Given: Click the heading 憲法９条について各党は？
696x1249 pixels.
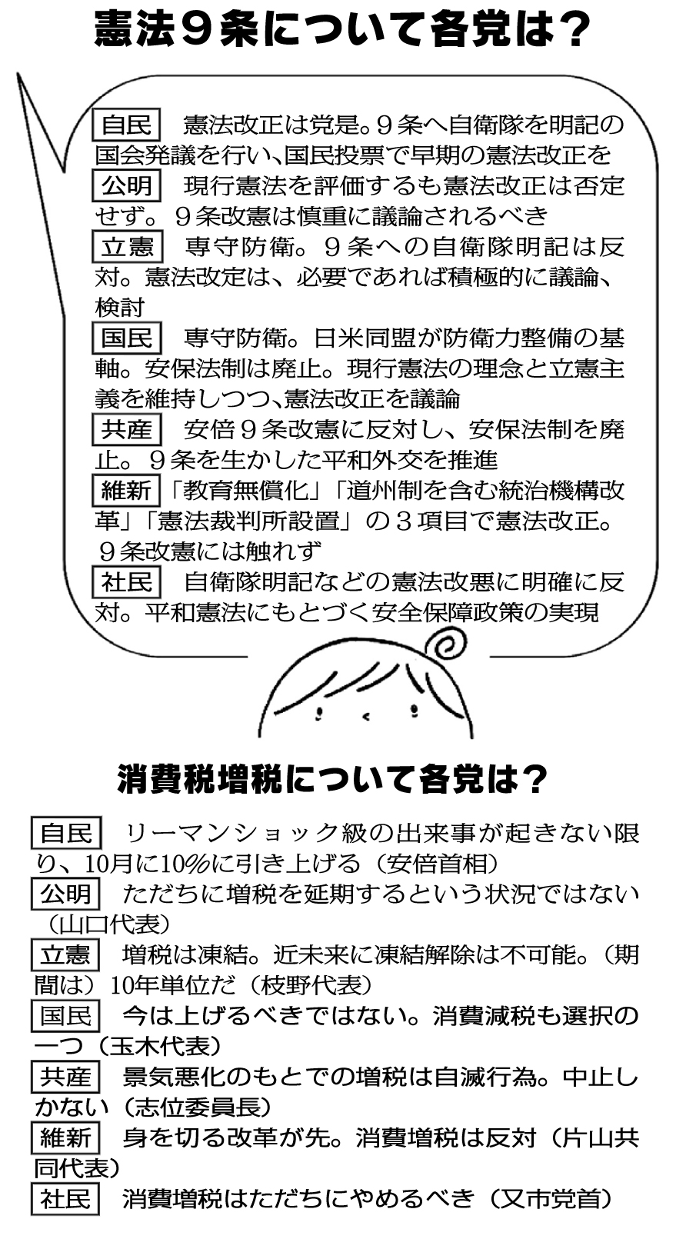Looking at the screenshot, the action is (342, 31).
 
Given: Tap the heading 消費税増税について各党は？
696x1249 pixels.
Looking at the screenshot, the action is (333, 779).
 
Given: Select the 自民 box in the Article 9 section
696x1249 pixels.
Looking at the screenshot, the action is (126, 124).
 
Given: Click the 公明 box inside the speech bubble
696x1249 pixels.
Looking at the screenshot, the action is (126, 185).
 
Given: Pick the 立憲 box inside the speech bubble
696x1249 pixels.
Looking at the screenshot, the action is (127, 246).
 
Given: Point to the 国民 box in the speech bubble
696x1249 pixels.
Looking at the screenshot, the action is (126, 338).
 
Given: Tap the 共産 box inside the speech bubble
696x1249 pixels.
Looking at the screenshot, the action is (126, 429).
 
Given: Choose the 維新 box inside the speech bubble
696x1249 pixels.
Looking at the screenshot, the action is (126, 490).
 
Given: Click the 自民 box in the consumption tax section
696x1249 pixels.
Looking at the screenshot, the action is (66, 834).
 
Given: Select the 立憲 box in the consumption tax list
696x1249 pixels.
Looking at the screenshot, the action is (65, 955).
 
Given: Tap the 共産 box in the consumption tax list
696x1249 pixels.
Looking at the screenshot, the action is (65, 1077).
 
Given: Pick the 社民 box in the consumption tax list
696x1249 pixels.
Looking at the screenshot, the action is (65, 1199).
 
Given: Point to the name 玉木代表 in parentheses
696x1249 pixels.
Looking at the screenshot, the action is (159, 1047).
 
